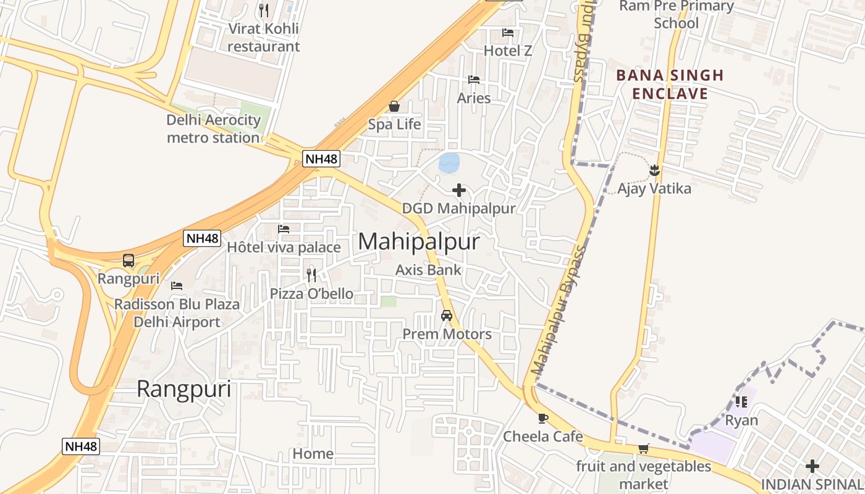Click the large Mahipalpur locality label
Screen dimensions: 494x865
(418, 241)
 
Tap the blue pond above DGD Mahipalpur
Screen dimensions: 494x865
(449, 162)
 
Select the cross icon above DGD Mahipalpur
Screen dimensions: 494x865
(459, 190)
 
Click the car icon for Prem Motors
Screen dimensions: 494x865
(446, 316)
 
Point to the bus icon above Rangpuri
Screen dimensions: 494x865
(129, 261)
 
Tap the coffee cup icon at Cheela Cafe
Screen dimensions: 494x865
(543, 418)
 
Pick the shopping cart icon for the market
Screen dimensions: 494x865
(643, 449)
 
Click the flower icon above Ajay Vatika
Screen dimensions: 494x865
(654, 169)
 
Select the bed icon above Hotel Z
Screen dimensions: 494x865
(508, 33)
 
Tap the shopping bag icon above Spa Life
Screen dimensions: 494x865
(394, 106)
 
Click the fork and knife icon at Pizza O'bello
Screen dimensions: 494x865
(311, 275)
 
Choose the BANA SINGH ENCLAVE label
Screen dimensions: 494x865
(670, 85)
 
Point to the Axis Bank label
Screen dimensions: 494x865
(428, 270)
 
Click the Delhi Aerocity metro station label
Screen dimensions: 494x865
(213, 128)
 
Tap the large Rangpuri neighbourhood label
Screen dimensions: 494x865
(184, 390)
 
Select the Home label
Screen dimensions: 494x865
(313, 454)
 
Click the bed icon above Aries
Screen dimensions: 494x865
(474, 80)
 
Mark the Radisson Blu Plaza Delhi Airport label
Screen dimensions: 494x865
(177, 313)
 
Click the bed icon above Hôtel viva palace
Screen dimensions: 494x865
(284, 229)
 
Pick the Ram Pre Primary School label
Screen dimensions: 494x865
(676, 15)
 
